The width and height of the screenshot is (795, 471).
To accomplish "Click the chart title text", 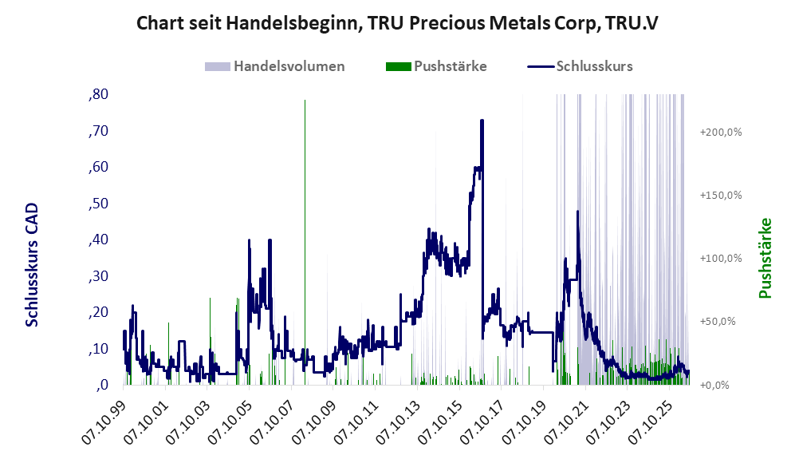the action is pyautogui.click(x=397, y=23).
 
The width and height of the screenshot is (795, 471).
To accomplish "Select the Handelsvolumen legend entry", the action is pyautogui.click(x=275, y=66).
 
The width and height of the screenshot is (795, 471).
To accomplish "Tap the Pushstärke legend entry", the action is pyautogui.click(x=436, y=66).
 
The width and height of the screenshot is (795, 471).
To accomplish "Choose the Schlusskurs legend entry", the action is pyautogui.click(x=580, y=66).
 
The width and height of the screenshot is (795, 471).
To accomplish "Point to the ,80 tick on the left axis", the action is pyautogui.click(x=98, y=94).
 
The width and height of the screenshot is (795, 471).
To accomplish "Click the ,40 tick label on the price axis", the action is pyautogui.click(x=98, y=239).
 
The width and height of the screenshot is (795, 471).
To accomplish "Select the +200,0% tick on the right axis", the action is pyautogui.click(x=721, y=133).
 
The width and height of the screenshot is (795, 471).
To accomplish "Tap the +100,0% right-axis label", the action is pyautogui.click(x=721, y=259).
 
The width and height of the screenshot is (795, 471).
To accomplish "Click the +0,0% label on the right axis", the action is pyautogui.click(x=714, y=385).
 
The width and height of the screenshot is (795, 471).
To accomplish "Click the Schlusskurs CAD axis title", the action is pyautogui.click(x=31, y=265).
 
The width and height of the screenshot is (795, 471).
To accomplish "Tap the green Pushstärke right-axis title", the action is pyautogui.click(x=765, y=258).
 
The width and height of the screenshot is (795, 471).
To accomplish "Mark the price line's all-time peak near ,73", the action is pyautogui.click(x=482, y=121).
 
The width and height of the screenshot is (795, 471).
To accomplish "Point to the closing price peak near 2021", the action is pyautogui.click(x=577, y=211).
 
